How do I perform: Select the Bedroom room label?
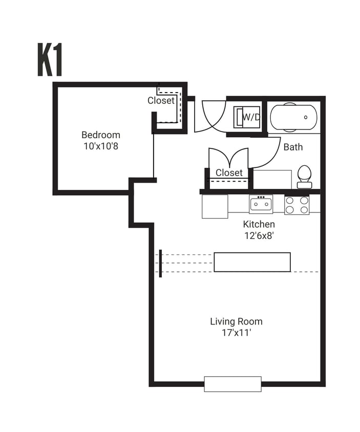[101, 135]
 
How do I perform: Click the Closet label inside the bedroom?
[161, 101]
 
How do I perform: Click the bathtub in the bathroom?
[293, 117]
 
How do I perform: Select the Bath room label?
[293, 147]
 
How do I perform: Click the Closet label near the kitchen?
[229, 173]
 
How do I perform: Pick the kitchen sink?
[261, 204]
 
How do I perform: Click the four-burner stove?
[297, 205]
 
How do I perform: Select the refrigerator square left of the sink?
[215, 206]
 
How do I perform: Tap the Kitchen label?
[259, 224]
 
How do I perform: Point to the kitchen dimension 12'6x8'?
[259, 235]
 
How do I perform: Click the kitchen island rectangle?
[252, 262]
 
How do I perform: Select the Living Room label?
[236, 321]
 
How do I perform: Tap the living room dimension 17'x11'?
[236, 333]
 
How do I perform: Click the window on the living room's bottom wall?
[232, 384]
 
